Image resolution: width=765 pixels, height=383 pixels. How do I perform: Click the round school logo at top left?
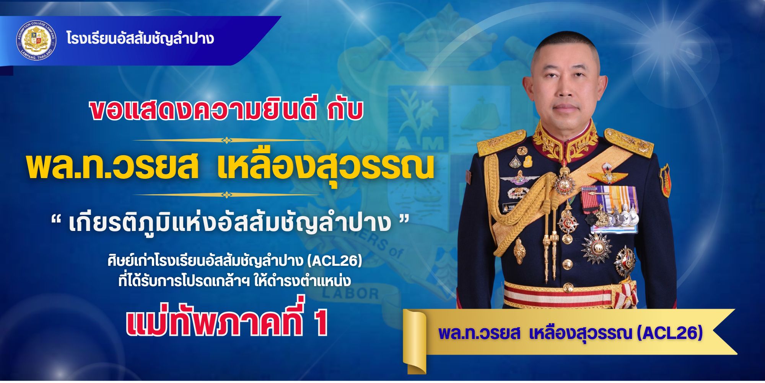[36, 41]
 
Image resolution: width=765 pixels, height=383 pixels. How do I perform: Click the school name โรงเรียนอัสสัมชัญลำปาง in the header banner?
[140, 39]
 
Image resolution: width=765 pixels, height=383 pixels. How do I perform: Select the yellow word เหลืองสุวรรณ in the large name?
[325, 167]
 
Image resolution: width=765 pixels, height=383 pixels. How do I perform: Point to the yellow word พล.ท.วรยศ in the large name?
[112, 167]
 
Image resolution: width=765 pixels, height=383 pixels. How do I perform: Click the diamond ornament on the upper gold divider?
[226, 140]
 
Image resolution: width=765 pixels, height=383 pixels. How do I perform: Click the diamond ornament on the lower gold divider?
[226, 195]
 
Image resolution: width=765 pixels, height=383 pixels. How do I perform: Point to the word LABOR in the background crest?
[350, 293]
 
